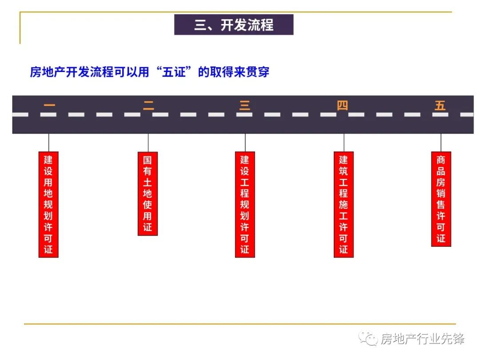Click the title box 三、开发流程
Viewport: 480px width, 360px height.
(x=234, y=25)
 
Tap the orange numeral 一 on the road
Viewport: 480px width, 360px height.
(x=49, y=106)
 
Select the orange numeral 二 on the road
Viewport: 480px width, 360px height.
(x=148, y=106)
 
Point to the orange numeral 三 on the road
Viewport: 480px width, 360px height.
(x=245, y=106)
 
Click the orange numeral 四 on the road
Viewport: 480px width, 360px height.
(x=342, y=106)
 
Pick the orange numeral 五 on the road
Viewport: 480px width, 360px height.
(x=440, y=106)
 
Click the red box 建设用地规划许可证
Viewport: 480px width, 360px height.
(x=48, y=204)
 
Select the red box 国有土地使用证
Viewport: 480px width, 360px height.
(x=148, y=193)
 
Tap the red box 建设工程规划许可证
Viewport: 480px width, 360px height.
(x=245, y=204)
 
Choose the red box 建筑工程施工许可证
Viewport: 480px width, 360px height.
(x=344, y=204)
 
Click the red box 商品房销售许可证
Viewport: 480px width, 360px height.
(x=441, y=199)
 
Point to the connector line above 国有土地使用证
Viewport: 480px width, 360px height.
(x=148, y=143)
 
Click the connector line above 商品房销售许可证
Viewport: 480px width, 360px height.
(x=441, y=143)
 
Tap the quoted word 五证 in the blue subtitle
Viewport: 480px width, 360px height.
(x=173, y=72)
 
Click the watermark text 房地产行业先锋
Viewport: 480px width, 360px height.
(x=422, y=339)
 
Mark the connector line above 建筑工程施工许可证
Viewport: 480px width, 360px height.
(x=344, y=143)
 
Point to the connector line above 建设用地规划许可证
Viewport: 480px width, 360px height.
(x=48, y=143)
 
